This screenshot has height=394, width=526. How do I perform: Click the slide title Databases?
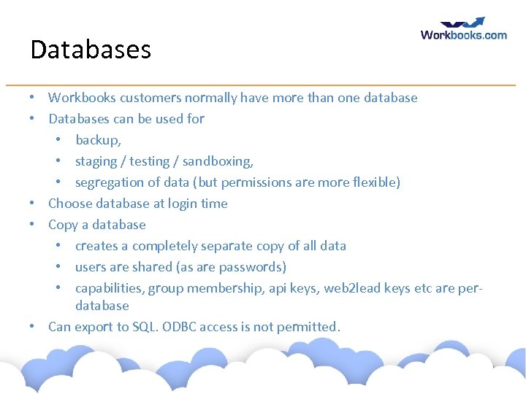[x=91, y=50]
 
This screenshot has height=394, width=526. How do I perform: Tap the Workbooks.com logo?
[x=464, y=29]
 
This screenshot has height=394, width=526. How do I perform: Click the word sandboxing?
[x=217, y=161]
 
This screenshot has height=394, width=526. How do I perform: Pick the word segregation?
[x=109, y=182]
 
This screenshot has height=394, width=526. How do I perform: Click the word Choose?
[x=70, y=204]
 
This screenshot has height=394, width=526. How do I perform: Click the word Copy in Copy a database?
[x=64, y=225]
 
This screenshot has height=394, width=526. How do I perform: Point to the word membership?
[x=217, y=288]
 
